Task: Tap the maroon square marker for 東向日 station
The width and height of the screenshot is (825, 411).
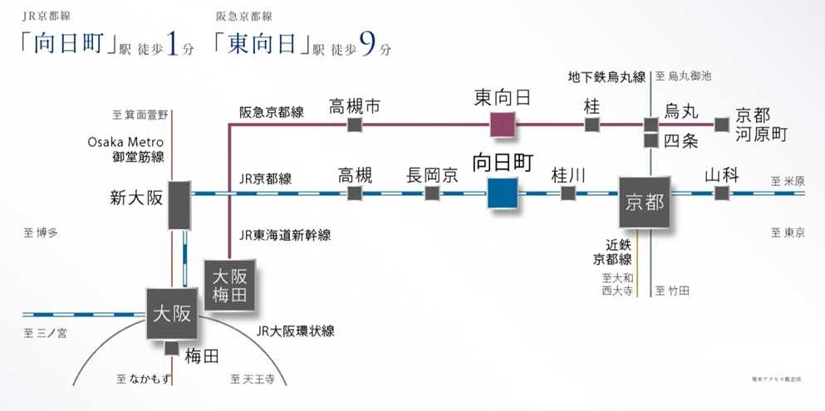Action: click(x=503, y=125)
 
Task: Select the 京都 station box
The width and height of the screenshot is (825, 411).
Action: click(x=645, y=201)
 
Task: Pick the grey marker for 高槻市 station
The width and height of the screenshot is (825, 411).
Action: click(x=355, y=125)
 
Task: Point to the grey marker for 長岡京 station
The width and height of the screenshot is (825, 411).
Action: click(x=432, y=193)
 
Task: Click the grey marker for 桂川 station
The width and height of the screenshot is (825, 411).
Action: click(x=568, y=193)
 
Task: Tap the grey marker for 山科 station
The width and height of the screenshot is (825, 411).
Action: click(x=721, y=193)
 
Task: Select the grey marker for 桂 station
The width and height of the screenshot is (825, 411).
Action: click(x=592, y=125)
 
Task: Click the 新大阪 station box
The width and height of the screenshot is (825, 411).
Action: click(x=179, y=204)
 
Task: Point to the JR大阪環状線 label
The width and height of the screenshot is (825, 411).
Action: click(x=296, y=330)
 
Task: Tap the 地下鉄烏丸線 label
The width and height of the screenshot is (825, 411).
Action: click(x=606, y=77)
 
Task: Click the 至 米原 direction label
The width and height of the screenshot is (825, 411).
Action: click(x=788, y=180)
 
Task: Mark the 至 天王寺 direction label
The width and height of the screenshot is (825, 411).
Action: click(x=253, y=379)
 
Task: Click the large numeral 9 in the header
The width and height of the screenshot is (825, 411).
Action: click(x=366, y=44)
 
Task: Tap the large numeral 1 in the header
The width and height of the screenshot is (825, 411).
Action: click(x=172, y=44)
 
